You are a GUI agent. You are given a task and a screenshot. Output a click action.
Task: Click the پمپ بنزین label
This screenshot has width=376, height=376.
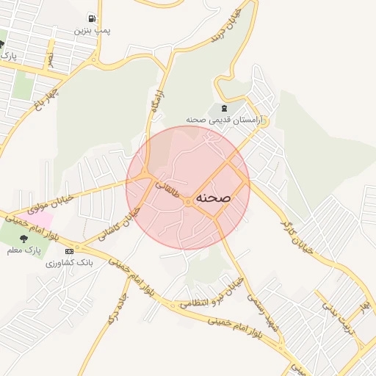(92, 32)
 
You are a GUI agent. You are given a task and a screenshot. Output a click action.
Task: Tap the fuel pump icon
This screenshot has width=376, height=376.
(92, 18)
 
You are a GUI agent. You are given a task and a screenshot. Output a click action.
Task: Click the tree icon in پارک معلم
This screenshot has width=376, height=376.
(24, 238)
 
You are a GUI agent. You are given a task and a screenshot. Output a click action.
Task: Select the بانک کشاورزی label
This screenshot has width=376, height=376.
(69, 262)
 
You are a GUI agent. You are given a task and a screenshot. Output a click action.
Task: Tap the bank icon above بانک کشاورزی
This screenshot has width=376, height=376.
(69, 251)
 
